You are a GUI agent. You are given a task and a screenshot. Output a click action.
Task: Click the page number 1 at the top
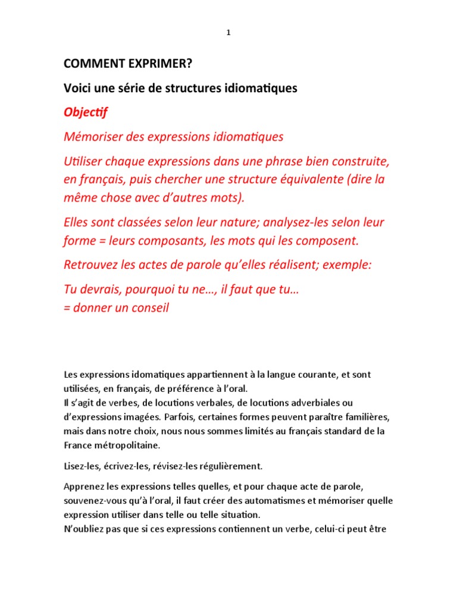228,33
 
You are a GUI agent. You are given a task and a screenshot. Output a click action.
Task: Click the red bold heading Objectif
86,112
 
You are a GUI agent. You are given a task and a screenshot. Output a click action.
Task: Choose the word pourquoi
150,290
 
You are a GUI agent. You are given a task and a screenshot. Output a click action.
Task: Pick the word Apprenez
84,486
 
